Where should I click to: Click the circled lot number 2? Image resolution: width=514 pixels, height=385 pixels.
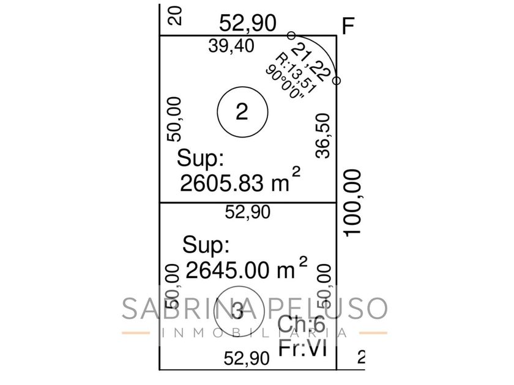(242, 112)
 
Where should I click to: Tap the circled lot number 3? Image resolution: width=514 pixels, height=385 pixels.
(239, 311)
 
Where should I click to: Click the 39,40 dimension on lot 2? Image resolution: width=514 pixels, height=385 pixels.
(231, 46)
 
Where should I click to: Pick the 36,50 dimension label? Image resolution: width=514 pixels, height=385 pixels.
(323, 136)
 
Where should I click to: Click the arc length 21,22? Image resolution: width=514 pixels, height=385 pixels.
(310, 62)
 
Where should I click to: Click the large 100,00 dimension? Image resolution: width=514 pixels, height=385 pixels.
(352, 202)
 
